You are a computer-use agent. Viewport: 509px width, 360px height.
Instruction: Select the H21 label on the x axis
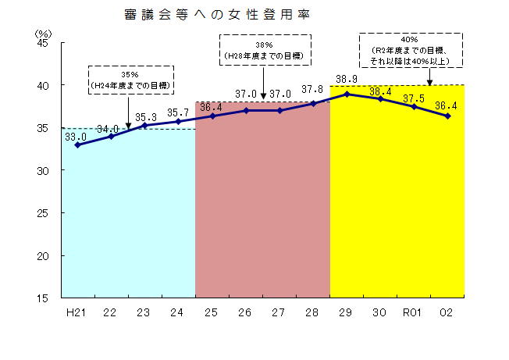tap(77, 312)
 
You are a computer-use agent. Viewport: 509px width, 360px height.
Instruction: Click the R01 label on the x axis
tap(413, 312)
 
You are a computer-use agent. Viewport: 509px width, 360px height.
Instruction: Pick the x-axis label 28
tap(313, 312)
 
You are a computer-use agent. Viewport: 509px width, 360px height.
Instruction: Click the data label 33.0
tap(75, 136)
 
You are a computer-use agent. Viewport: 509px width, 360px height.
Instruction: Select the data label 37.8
tap(312, 89)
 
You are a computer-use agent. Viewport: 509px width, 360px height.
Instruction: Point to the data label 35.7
tap(179, 112)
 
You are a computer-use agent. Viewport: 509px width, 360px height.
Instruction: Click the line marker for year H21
tap(77, 144)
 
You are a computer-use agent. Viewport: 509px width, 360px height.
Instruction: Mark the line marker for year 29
tap(347, 94)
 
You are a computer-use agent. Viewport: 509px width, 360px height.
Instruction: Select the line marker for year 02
tap(447, 116)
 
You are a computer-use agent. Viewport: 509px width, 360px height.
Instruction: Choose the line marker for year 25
tap(212, 116)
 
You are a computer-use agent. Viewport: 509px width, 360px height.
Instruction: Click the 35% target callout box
tap(130, 80)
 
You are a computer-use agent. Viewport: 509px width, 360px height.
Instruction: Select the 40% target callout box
tap(409, 49)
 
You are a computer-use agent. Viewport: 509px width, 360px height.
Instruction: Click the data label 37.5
tap(414, 98)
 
